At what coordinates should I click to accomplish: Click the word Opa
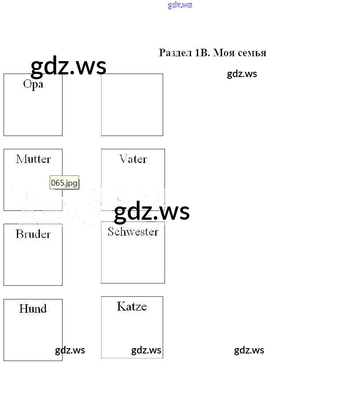coord(33,84)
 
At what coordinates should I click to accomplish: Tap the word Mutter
coord(33,159)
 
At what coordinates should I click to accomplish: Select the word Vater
coord(133,159)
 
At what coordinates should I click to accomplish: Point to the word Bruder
coord(33,234)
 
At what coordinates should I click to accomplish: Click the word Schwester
coord(133,232)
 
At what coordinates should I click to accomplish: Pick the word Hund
coord(33,309)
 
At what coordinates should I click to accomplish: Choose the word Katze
coord(132,307)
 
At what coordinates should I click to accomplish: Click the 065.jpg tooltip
coord(64,183)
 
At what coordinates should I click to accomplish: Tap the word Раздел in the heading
coord(175,53)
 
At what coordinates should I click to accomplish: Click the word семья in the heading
coord(251,53)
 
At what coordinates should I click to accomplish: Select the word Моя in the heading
coord(224,53)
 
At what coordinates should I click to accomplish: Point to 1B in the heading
coord(202,53)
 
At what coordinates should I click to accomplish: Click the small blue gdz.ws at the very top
coord(180,5)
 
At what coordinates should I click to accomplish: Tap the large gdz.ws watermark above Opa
coord(68,66)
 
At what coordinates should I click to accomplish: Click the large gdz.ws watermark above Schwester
coord(152,211)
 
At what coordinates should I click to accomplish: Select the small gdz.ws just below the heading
coord(242,74)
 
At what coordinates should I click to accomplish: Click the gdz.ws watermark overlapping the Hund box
coord(70,350)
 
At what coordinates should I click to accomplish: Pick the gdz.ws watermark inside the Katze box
coord(146,350)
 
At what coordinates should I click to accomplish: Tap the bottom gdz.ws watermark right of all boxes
coord(249,350)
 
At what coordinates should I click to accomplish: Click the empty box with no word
coord(132,105)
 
